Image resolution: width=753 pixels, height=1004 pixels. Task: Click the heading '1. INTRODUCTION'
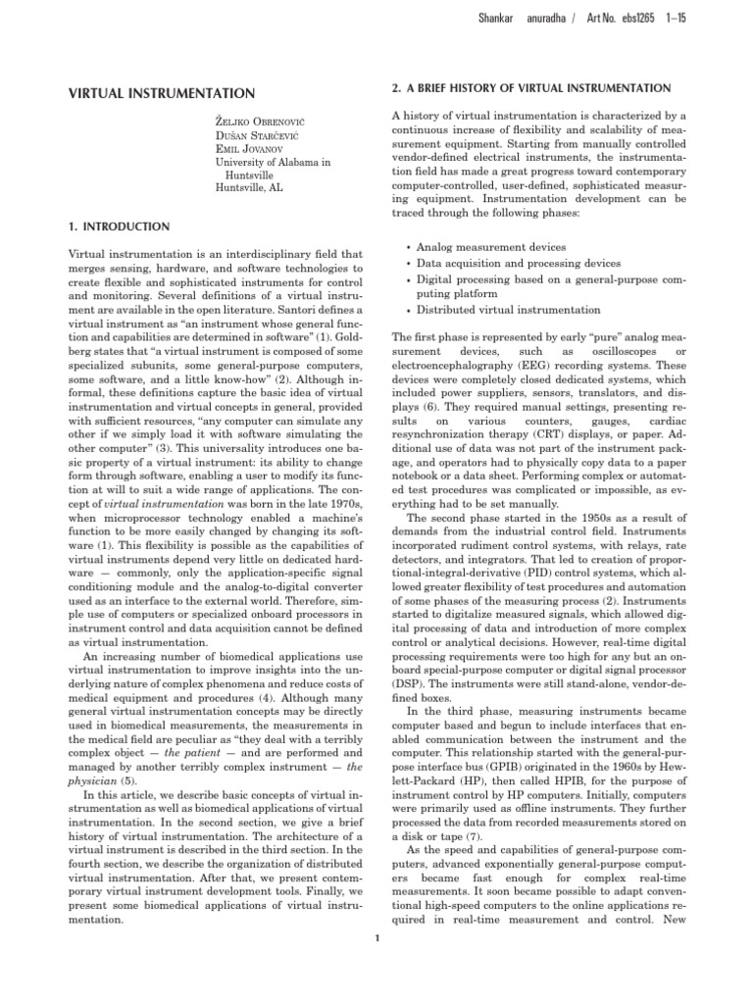tap(107, 226)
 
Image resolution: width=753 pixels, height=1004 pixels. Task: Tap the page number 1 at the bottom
tap(376, 939)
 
